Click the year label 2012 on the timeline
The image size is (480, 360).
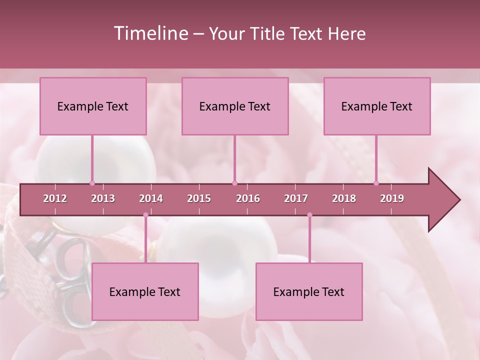point(55,198)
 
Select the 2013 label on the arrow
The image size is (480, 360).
point(103,198)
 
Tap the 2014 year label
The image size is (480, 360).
point(151,198)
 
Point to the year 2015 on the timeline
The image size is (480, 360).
point(199,198)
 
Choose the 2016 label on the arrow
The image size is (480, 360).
point(248,198)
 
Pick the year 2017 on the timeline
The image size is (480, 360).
point(296,198)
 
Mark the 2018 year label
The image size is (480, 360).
point(344,198)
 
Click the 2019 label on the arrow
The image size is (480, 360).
point(392,198)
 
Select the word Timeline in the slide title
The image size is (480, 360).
point(150,33)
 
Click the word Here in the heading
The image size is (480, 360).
point(346,33)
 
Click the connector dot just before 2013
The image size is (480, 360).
point(92,183)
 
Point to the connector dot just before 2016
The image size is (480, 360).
point(234,183)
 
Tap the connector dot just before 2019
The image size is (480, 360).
point(376,183)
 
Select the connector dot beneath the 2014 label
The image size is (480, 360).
point(145,215)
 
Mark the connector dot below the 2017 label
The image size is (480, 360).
point(309,215)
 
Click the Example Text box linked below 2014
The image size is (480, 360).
point(145,291)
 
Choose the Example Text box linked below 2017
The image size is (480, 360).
point(309,291)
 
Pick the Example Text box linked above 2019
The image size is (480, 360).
point(377,106)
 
